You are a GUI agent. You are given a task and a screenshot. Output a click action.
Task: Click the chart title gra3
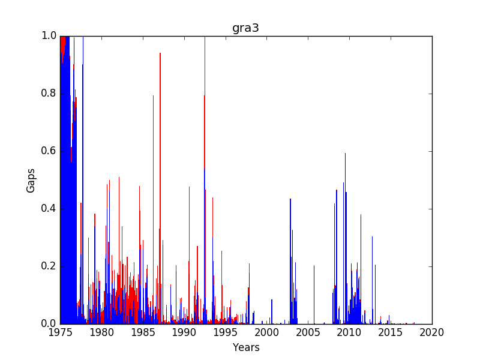[245, 28]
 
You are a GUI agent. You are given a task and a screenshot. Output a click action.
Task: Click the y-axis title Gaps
[31, 181]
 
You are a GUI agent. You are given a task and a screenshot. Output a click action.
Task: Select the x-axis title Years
[246, 347]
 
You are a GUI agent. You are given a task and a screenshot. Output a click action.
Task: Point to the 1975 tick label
[61, 332]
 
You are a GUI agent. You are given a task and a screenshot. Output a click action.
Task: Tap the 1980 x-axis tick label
[101, 332]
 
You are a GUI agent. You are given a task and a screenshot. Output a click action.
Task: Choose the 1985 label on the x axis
[143, 332]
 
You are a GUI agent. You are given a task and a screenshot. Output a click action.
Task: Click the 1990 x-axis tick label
[184, 332]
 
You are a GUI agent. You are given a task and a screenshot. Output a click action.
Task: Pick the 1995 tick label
[226, 332]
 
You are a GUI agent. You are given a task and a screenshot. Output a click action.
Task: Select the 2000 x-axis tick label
[267, 332]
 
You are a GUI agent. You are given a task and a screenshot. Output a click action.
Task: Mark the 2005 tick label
[308, 332]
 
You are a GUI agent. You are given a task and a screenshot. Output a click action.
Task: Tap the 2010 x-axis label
[350, 332]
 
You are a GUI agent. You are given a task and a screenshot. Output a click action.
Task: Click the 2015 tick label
[391, 332]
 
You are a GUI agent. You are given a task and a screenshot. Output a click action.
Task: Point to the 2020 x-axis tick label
[432, 332]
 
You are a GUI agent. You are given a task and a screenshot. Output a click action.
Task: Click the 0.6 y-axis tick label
[49, 151]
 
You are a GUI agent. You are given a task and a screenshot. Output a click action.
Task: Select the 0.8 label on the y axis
[49, 94]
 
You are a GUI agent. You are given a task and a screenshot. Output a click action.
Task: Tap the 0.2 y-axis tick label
[49, 266]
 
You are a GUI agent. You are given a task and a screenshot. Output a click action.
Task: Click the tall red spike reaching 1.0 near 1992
[205, 180]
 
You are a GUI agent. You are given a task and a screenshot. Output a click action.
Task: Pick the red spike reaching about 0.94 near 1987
[160, 188]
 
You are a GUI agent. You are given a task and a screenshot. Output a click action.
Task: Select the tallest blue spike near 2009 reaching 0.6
[346, 238]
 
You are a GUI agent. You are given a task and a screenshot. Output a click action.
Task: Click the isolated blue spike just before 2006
[314, 295]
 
